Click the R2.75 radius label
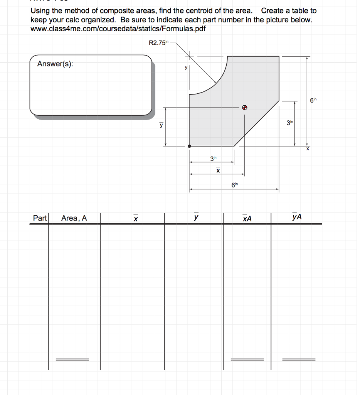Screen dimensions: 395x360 pyautogui.click(x=158, y=43)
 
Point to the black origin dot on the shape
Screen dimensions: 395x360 pyautogui.click(x=189, y=146)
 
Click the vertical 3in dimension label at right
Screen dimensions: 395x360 pyautogui.click(x=290, y=123)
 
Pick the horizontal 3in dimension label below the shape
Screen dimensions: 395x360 pyautogui.click(x=213, y=158)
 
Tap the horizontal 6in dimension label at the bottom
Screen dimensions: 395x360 pyautogui.click(x=235, y=186)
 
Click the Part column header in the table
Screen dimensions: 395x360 pyautogui.click(x=39, y=218)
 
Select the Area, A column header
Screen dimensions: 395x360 pyautogui.click(x=74, y=218)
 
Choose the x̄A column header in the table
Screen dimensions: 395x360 pyautogui.click(x=247, y=218)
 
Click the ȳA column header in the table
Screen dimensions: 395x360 pyautogui.click(x=297, y=217)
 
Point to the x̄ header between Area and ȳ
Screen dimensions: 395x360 pyautogui.click(x=135, y=219)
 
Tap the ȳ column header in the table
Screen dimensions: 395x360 pyautogui.click(x=197, y=217)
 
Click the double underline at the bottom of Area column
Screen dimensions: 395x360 pyautogui.click(x=72, y=359)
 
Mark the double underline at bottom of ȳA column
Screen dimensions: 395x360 pyautogui.click(x=299, y=359)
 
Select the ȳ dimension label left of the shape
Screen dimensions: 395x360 pyautogui.click(x=161, y=125)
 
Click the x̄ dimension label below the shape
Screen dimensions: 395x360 pyautogui.click(x=218, y=170)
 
